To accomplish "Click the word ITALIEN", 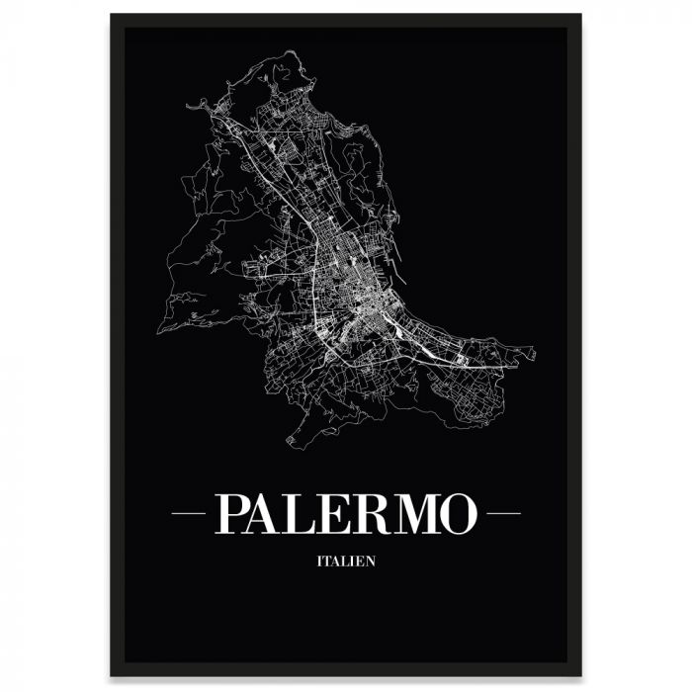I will click(346, 564).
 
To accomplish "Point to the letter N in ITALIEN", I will click(371, 564).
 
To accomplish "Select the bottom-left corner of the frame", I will click(112, 676).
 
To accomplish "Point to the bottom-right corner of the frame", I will click(581, 676).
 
